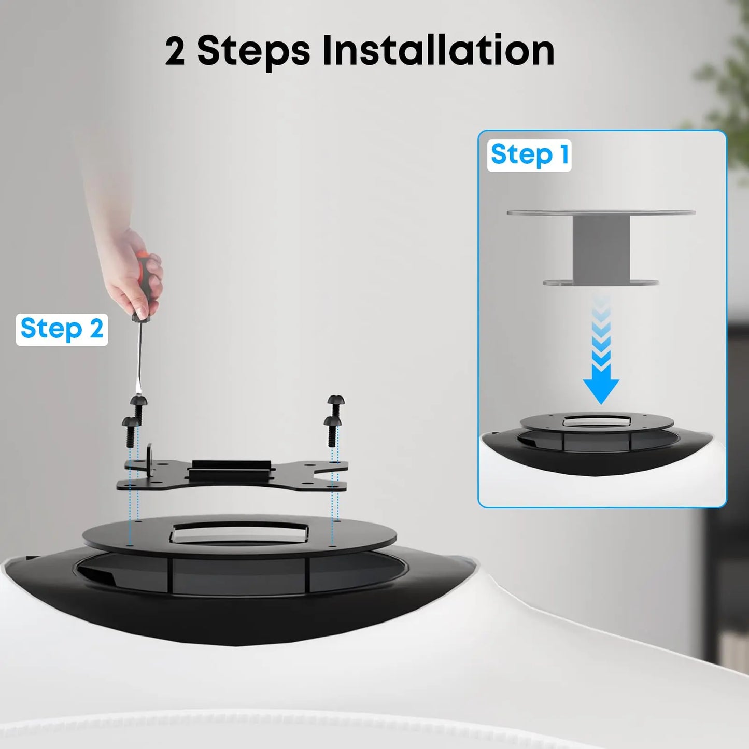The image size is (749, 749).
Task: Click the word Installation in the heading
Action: point(438,51)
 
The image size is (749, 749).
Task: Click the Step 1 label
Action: point(529,155)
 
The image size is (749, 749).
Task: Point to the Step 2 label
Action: point(62,329)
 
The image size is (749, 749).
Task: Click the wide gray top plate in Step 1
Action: point(601,213)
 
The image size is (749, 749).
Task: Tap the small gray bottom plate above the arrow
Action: point(601,282)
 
